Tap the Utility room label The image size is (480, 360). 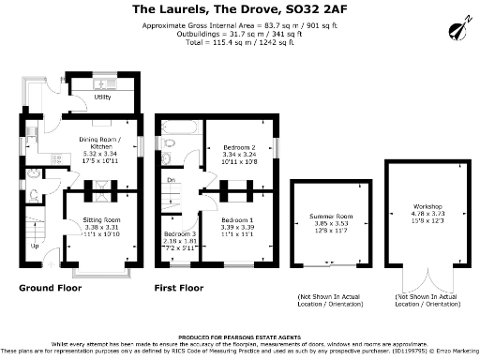103,97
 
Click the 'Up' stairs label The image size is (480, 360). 36,247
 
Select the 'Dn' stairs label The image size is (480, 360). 171,180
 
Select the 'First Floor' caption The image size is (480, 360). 179,288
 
